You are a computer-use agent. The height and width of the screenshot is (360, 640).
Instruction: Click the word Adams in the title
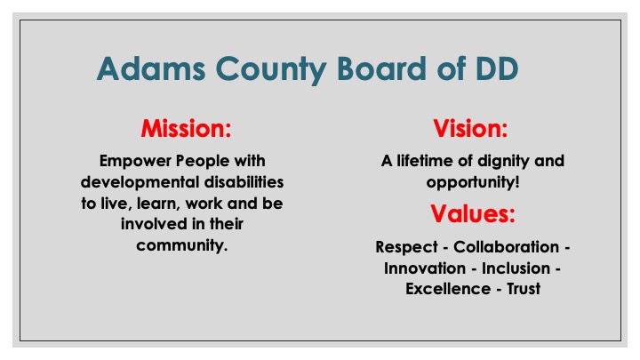tap(151, 68)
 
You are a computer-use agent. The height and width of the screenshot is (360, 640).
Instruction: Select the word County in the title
tap(270, 70)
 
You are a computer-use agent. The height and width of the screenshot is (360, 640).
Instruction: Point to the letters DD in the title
tap(497, 68)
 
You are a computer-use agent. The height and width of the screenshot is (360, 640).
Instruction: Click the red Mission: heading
tap(186, 128)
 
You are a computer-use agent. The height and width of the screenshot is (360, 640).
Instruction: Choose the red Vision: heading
tap(470, 128)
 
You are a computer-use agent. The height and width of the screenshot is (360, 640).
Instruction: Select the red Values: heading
tap(473, 213)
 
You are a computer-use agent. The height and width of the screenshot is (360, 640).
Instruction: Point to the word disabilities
tap(244, 182)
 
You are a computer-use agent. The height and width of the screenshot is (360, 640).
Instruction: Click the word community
tap(181, 245)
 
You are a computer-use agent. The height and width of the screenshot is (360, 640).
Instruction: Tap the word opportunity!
tap(473, 182)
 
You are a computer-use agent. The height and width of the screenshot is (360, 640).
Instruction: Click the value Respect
tap(406, 247)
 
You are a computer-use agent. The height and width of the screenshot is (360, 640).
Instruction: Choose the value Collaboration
tap(506, 246)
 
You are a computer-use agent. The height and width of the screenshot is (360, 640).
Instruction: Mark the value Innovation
tap(425, 268)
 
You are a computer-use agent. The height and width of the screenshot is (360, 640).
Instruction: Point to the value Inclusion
tap(516, 268)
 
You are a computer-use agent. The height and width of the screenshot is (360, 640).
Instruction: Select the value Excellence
tap(448, 289)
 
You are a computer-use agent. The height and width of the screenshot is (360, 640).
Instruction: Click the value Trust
tap(524, 289)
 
